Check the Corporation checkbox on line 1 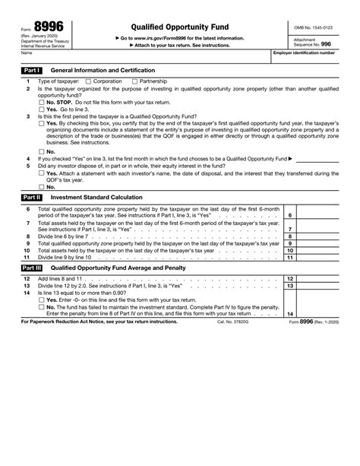click(88, 81)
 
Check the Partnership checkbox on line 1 click(135, 81)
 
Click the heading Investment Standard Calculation click(97, 196)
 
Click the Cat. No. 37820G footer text click(233, 322)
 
